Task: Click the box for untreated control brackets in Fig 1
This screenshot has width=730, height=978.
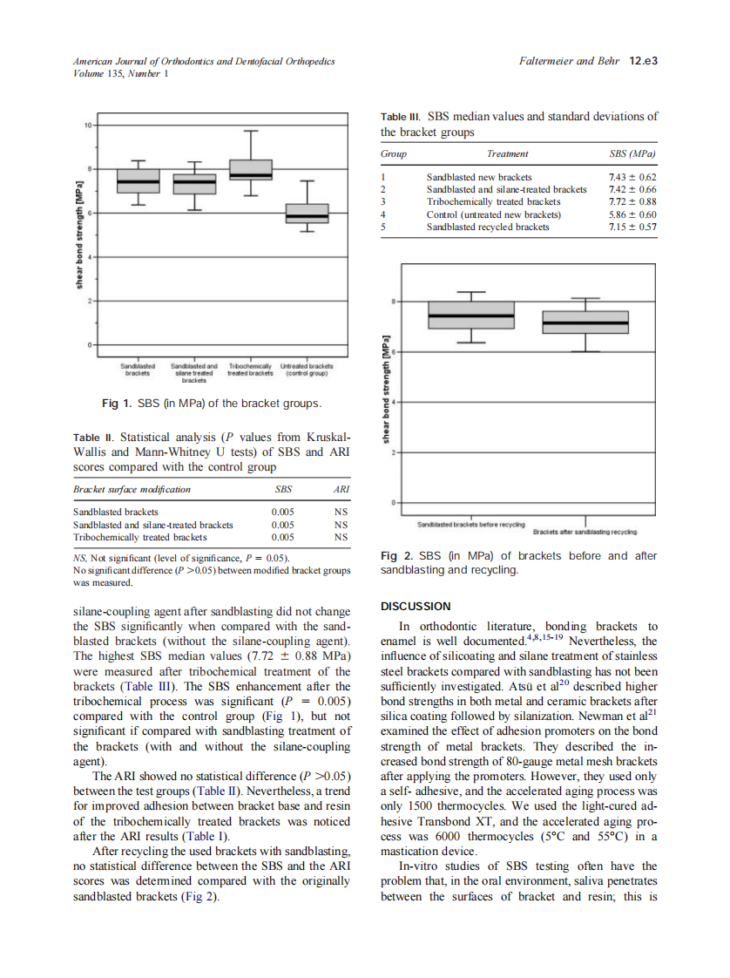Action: coord(308,214)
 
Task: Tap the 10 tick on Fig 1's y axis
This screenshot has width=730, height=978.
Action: coord(87,125)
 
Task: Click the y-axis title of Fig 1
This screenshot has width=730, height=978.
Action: coord(78,235)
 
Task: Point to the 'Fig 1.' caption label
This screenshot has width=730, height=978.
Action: coord(118,404)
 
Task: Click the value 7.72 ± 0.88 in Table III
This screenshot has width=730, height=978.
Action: coord(632,201)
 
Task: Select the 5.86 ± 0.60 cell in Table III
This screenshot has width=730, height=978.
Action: coord(632,214)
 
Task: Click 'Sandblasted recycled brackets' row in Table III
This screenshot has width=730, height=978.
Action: coord(488,227)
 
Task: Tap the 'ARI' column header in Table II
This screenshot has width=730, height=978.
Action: coord(341,489)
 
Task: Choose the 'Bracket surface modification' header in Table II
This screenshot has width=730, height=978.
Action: coord(132,489)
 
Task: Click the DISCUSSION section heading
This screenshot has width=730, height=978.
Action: coord(416,606)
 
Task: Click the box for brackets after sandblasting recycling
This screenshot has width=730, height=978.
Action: coord(585,322)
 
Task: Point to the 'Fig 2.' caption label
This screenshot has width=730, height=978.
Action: coord(398,556)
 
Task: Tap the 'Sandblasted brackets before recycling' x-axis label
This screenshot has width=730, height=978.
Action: coord(470,525)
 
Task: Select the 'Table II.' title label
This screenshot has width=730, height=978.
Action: coord(92,436)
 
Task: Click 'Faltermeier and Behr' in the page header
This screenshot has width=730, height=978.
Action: coord(566,62)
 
